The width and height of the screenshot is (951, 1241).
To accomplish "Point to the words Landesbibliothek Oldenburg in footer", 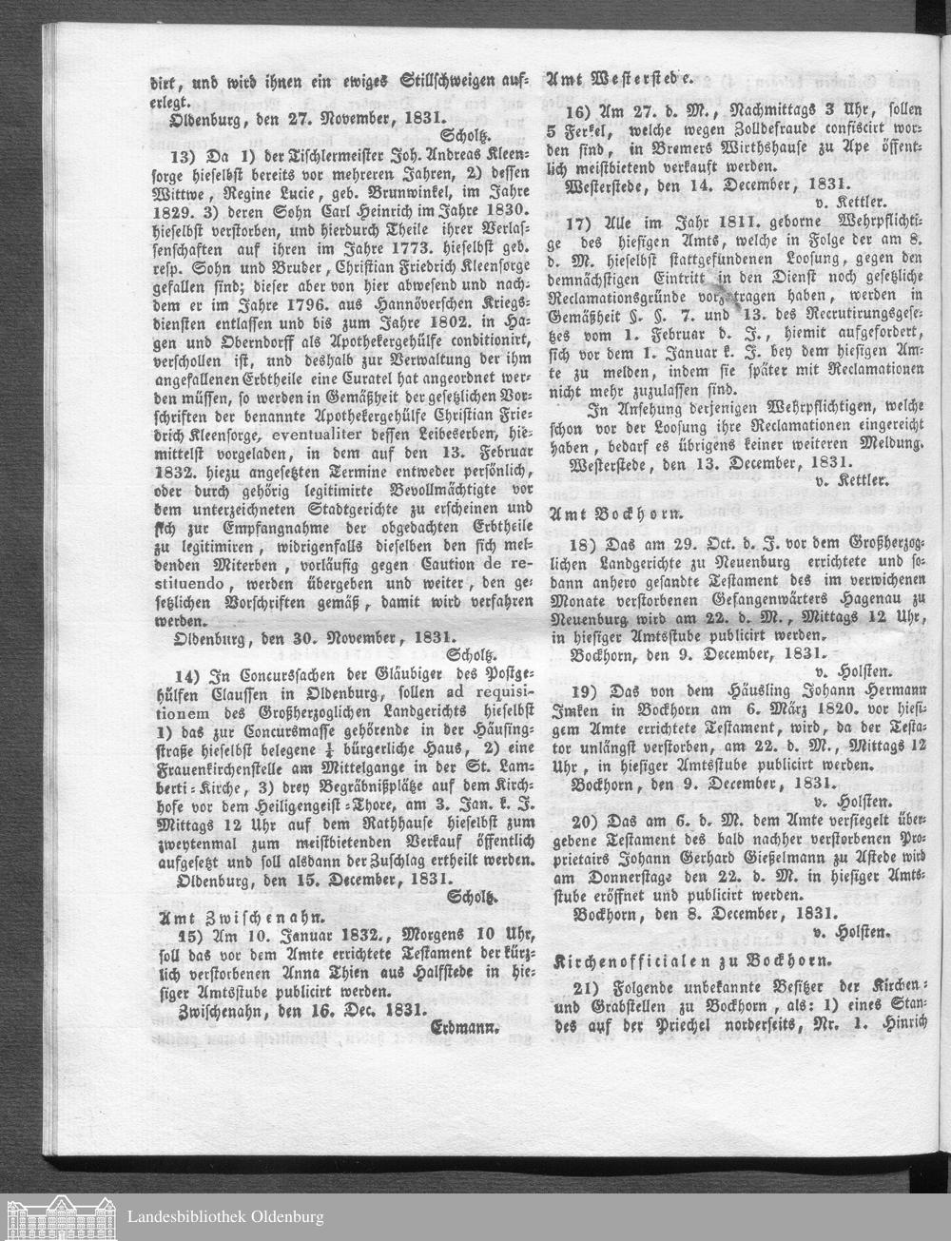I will pos(225,1216).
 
